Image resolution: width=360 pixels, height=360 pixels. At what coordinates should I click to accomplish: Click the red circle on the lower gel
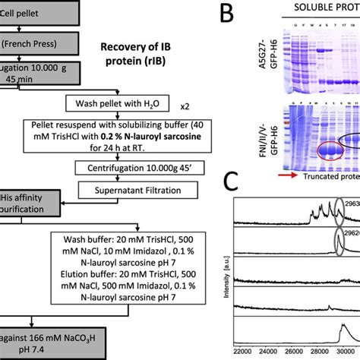click(313, 152)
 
